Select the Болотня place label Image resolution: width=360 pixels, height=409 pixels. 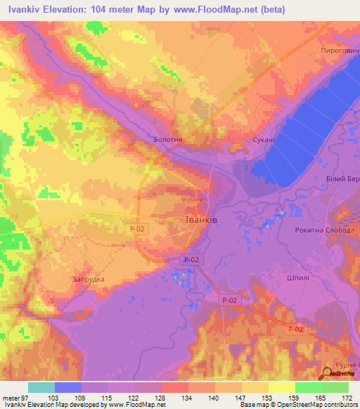coord(168,139)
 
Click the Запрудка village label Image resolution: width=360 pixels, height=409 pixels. coord(88,279)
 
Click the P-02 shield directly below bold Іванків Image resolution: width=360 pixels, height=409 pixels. coord(191,259)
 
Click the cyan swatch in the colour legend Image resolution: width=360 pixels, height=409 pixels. coord(41,387)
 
